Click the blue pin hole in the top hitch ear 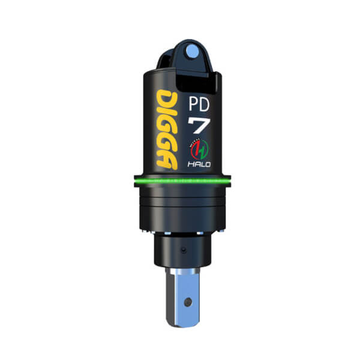coord(193,51)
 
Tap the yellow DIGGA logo coord(167,130)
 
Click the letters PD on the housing coord(199,104)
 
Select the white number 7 coord(199,125)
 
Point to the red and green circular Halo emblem coord(199,149)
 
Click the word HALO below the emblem coord(199,164)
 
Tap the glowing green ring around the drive coord(182,181)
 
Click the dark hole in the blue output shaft coord(188,302)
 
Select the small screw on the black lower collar coord(183,250)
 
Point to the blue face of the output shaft coord(187,299)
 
